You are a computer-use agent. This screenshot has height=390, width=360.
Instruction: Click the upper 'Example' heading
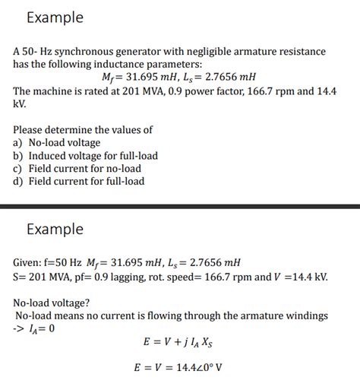(54, 17)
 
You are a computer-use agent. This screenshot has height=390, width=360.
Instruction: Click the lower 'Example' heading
(54, 229)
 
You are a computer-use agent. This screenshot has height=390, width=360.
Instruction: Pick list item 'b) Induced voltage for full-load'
(85, 155)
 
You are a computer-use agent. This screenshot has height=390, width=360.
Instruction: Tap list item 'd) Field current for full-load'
(78, 181)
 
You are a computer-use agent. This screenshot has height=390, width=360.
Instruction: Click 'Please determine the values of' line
(82, 129)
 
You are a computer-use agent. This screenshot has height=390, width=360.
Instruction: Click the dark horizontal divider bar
(180, 205)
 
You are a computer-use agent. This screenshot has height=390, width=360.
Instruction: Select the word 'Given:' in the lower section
(29, 262)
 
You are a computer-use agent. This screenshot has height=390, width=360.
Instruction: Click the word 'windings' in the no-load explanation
(305, 315)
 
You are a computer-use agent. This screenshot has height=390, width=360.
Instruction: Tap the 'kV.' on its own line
(21, 103)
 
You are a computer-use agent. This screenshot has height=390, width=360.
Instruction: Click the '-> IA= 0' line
(34, 328)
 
